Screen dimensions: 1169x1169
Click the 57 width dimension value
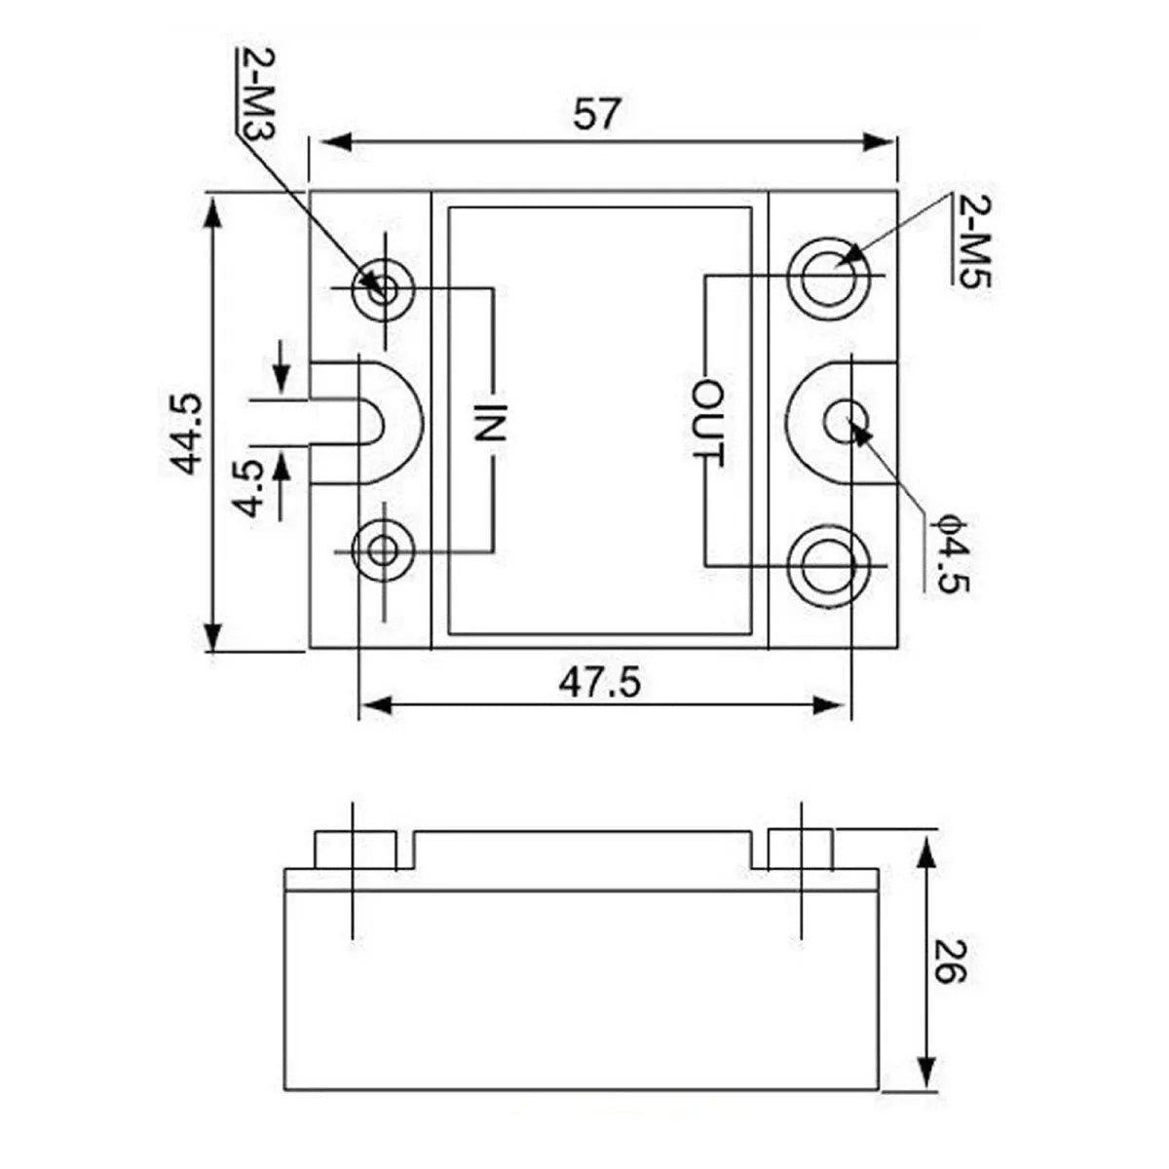596,114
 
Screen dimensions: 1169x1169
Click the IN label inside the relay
491,425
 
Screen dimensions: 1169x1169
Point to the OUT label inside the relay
708,423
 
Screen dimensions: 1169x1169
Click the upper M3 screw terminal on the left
384,288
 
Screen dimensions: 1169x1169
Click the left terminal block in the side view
355,849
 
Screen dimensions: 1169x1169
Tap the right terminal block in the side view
800,849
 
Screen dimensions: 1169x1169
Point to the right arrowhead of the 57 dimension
882,142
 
